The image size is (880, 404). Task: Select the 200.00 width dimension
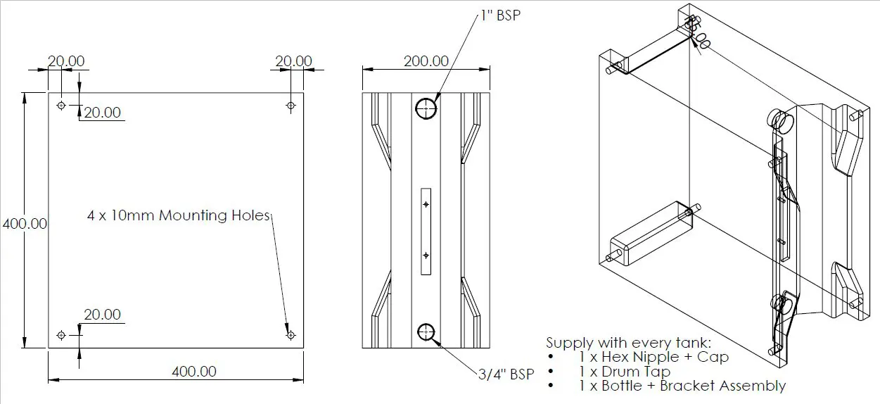[x=426, y=61]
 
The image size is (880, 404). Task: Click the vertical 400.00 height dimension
[x=25, y=224]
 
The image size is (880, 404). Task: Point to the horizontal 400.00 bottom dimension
[x=194, y=371]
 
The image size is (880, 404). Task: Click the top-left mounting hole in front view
[x=61, y=105]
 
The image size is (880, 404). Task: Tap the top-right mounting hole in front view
[x=291, y=105]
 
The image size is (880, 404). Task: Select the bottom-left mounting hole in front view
[x=61, y=334]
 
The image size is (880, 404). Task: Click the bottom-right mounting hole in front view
[x=291, y=335]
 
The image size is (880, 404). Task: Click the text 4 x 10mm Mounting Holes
[x=179, y=215]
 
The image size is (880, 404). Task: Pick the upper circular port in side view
[x=426, y=108]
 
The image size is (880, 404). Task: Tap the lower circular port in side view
[x=426, y=332]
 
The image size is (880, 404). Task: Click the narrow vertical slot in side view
[x=426, y=230]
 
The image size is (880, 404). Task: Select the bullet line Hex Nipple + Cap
[x=654, y=357]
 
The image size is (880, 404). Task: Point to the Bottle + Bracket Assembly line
[x=682, y=385]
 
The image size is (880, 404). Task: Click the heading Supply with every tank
[x=629, y=343]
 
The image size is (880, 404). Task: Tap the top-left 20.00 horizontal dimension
[x=66, y=61]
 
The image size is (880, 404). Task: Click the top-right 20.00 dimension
[x=293, y=61]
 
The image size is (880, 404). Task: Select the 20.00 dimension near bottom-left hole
[x=102, y=315]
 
